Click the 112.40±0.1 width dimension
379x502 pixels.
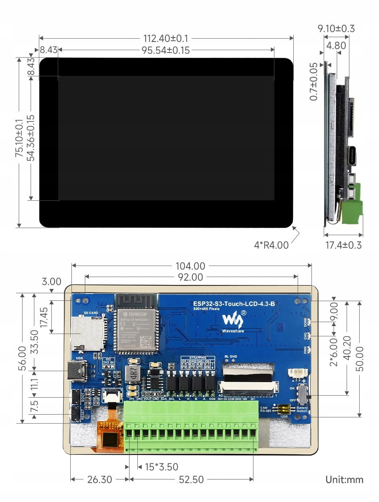165,38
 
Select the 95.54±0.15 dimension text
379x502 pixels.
165,50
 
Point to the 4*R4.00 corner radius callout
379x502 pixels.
271,245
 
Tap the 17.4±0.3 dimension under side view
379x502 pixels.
343,245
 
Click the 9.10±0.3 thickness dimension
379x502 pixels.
336,28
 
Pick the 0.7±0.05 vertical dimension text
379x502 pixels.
313,81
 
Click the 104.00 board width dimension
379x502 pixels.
190,266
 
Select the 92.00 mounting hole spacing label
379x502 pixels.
190,277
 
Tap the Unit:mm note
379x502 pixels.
344,479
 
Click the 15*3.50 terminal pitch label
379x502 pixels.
161,467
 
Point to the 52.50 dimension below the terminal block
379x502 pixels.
191,479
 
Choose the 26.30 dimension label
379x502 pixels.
99,479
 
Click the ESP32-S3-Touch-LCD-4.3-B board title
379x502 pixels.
234,304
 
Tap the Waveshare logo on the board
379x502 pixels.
233,320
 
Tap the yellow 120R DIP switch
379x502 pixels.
283,408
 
